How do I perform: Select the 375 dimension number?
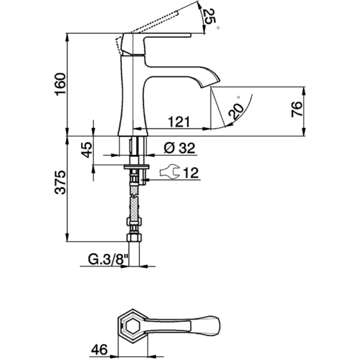pos(60,183)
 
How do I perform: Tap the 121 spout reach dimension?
pos(179,122)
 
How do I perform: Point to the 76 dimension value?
pos(297,109)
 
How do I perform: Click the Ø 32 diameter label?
pos(180,148)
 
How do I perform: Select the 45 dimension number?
pos(87,150)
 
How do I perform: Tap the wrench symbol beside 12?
pos(170,171)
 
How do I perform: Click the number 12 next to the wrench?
pos(191,173)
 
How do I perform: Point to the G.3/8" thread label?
pos(108,260)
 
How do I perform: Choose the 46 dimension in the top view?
pos(99,350)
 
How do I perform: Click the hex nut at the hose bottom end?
pos(134,238)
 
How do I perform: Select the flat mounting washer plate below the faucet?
pos(137,166)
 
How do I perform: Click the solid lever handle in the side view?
pos(156,44)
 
